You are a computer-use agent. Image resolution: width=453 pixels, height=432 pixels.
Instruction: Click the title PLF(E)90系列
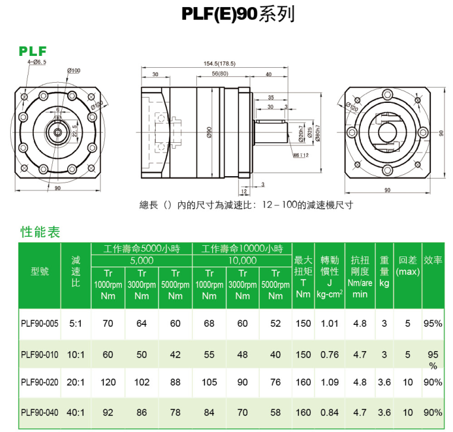tap(238, 14)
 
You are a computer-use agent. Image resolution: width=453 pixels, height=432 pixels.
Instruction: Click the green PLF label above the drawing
tap(33, 52)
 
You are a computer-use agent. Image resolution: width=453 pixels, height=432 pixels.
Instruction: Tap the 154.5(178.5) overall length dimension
tap(219, 63)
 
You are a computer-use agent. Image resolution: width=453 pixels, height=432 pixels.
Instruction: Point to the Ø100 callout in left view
tap(74, 71)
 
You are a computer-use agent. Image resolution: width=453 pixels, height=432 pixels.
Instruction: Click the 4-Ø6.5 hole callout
tap(36, 62)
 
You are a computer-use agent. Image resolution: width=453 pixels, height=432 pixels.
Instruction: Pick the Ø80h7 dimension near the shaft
tap(319, 132)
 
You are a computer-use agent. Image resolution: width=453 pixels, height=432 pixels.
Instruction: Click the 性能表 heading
tap(40, 232)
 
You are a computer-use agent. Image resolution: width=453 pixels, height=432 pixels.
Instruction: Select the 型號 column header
tap(40, 271)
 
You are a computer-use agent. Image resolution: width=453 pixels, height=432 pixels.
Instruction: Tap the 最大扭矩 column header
tap(303, 271)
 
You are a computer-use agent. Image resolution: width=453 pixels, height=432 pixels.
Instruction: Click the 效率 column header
tap(433, 261)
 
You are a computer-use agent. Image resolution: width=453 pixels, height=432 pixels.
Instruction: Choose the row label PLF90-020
tap(40, 382)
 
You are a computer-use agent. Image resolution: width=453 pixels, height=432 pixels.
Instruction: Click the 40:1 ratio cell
tap(76, 412)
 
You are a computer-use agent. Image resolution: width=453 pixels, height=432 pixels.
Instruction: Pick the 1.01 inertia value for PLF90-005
tap(329, 324)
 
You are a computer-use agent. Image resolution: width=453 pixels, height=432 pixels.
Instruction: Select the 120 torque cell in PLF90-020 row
tap(108, 382)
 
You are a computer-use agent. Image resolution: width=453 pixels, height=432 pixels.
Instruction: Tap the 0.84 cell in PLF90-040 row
tap(329, 412)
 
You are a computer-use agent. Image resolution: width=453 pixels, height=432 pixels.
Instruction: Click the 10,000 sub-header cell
tap(242, 261)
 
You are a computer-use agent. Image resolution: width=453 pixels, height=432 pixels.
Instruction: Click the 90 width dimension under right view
tap(387, 190)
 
